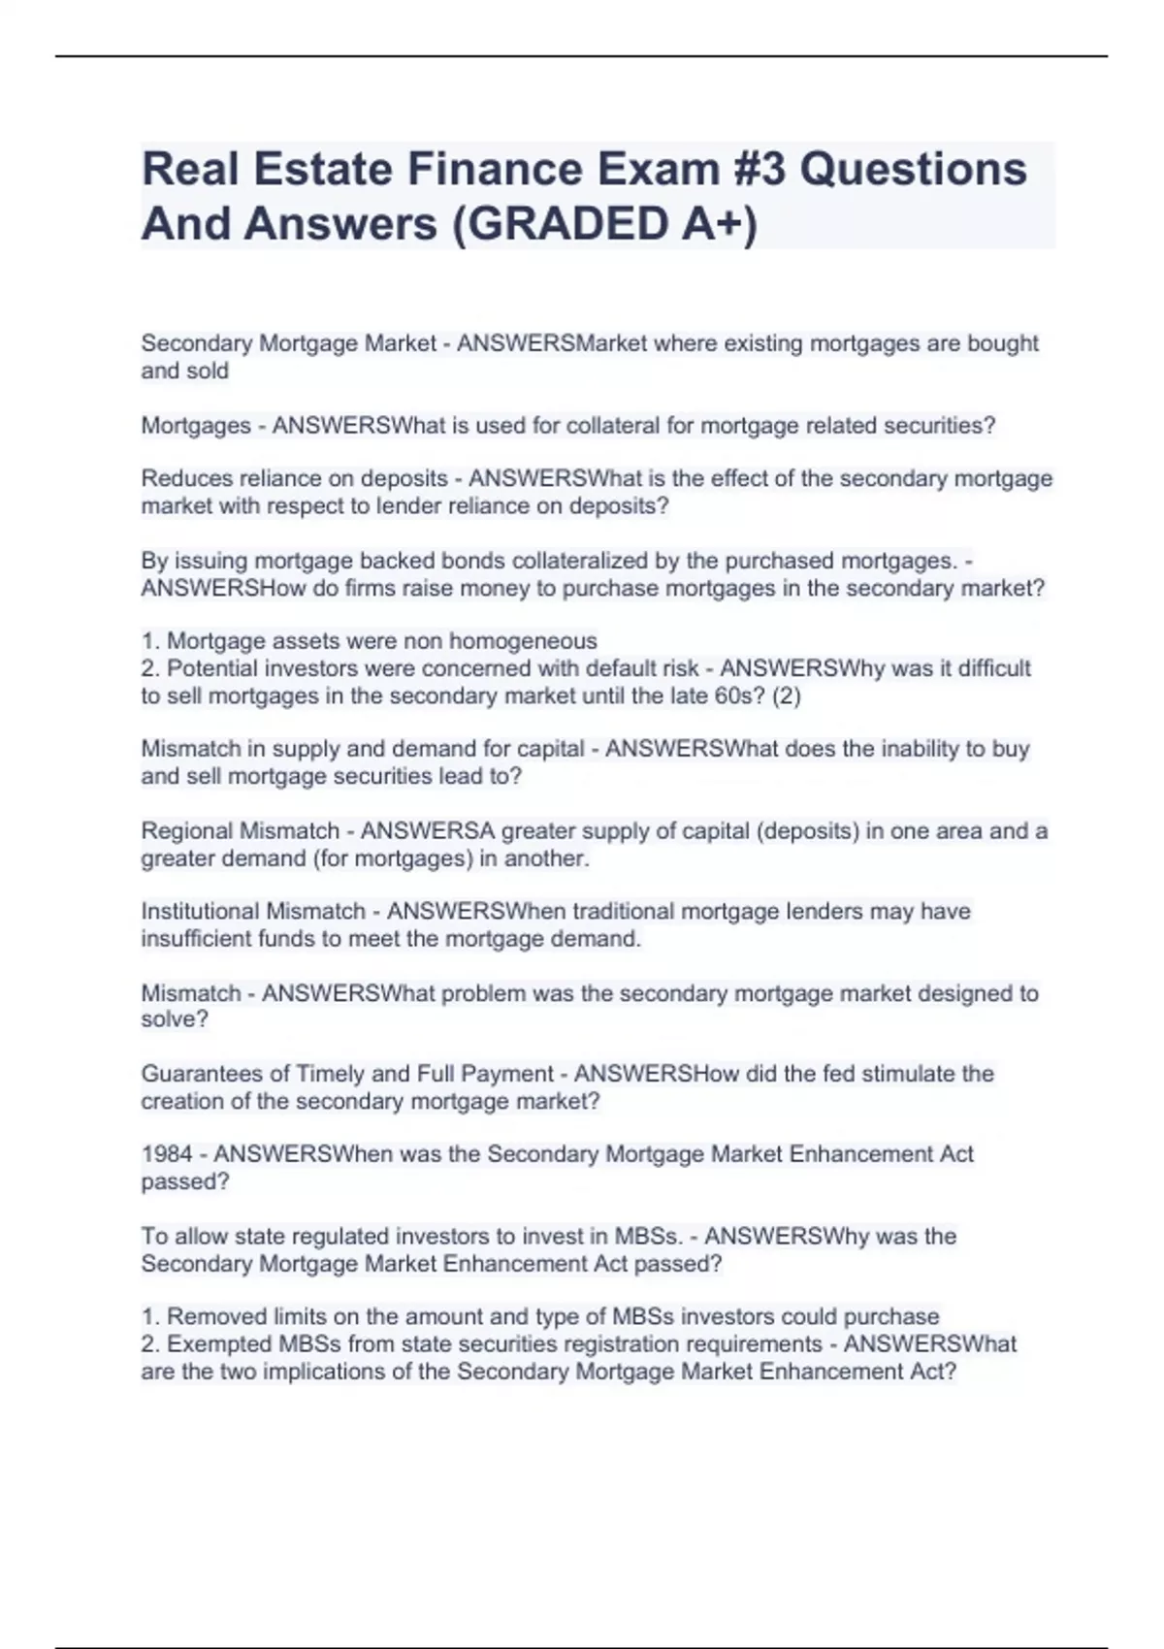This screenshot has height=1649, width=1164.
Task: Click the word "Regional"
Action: pos(187,831)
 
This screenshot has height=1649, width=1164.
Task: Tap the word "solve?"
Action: pos(175,1019)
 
